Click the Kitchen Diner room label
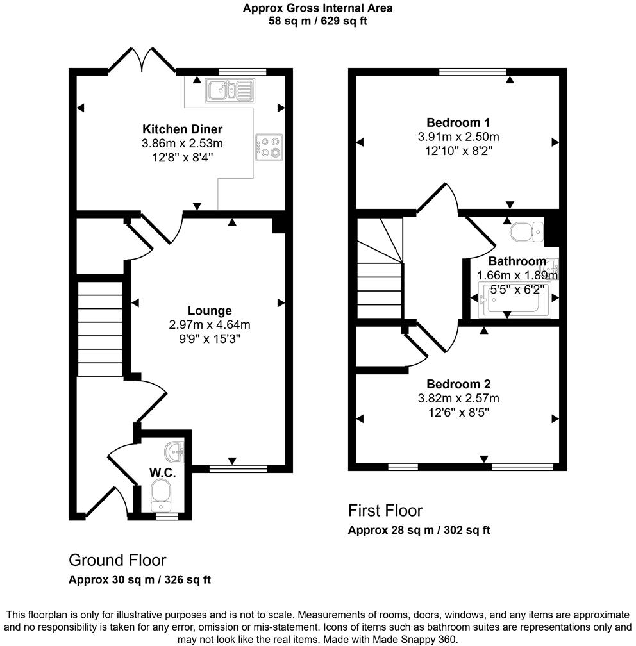[182, 129]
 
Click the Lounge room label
[210, 311]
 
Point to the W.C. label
[162, 473]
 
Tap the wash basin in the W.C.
[174, 452]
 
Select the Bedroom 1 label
[458, 122]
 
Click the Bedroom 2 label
[458, 384]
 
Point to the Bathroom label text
[517, 261]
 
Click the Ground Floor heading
[117, 560]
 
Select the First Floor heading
[385, 510]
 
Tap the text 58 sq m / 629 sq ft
[318, 21]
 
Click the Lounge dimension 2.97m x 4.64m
[210, 324]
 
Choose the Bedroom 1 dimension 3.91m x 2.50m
[458, 137]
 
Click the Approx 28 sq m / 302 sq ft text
[419, 530]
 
